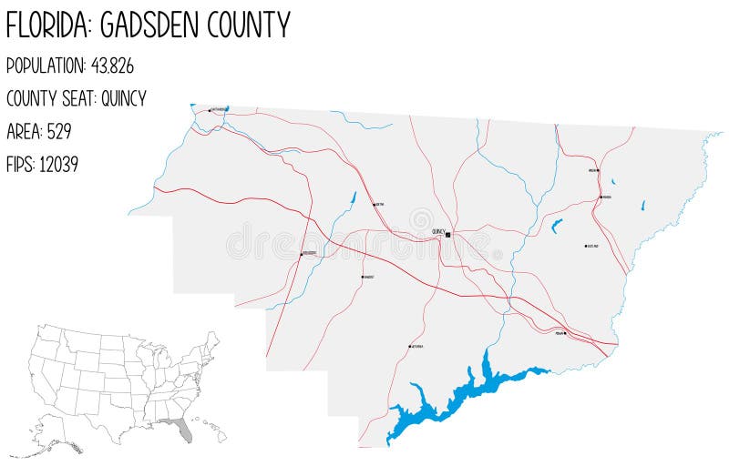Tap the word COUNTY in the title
click(249, 25)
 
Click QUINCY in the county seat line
click(123, 98)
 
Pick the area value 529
click(57, 131)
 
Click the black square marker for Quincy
click(448, 234)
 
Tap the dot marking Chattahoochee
click(210, 110)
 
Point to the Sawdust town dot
click(363, 277)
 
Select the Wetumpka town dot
click(409, 347)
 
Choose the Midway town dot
click(564, 333)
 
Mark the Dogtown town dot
click(585, 246)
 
